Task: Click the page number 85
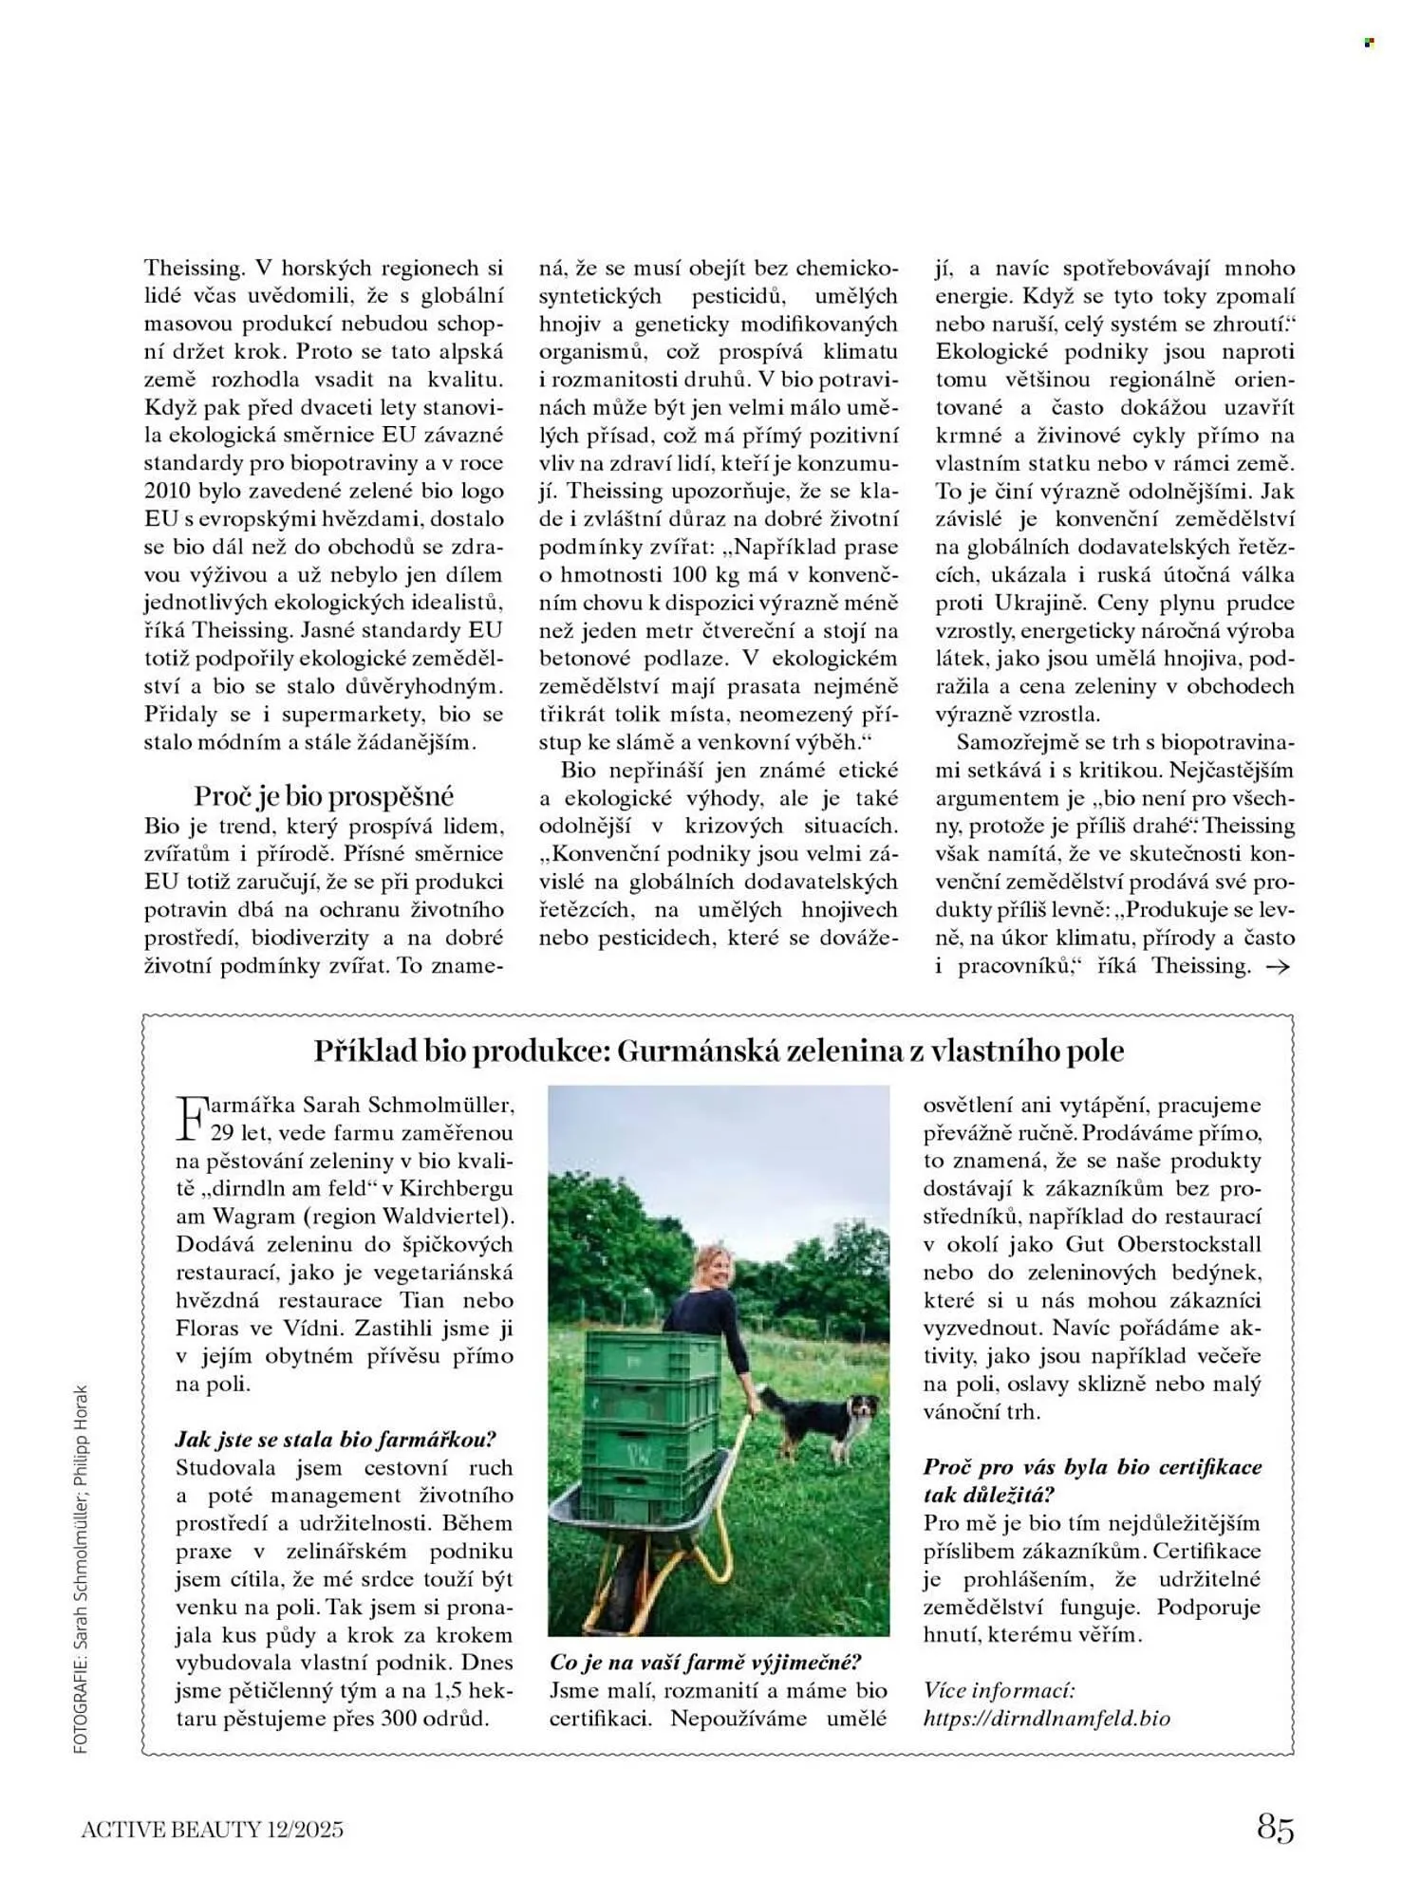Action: point(1275,1827)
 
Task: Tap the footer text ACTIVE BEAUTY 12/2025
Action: point(212,1829)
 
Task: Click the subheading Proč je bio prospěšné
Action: point(324,795)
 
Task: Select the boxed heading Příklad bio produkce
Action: point(719,1051)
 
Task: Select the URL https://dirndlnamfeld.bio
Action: point(1046,1719)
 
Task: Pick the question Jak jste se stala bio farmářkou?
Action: point(336,1439)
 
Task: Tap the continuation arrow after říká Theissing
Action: point(1279,967)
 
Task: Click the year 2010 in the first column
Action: point(167,491)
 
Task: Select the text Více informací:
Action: point(999,1690)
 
